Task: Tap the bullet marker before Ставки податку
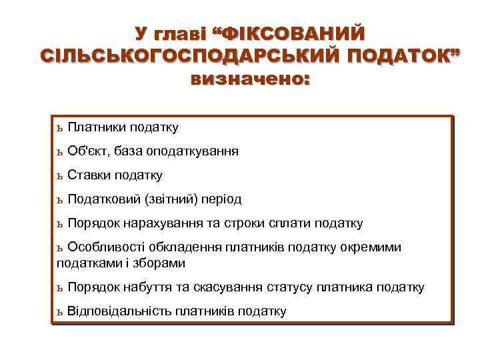[x=60, y=176]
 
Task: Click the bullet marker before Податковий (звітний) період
[x=60, y=200]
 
